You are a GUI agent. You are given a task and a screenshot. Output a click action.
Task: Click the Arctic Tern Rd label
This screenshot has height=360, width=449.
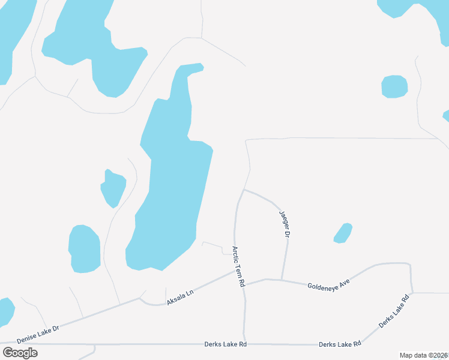click(239, 265)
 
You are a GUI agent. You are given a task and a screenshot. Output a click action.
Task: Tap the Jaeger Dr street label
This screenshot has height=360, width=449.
click(284, 224)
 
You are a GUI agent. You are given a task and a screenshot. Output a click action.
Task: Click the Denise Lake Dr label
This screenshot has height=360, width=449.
click(38, 334)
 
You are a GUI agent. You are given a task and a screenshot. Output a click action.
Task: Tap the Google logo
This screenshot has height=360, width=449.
click(20, 352)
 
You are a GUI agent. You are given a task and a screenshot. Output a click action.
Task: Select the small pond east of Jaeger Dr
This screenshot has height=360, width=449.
click(343, 233)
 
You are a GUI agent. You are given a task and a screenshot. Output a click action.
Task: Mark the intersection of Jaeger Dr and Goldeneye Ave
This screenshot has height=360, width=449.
click(282, 280)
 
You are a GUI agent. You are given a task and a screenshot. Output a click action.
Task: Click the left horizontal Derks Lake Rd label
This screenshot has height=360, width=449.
click(226, 344)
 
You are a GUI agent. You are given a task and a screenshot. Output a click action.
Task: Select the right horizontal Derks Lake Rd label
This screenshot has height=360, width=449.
click(340, 344)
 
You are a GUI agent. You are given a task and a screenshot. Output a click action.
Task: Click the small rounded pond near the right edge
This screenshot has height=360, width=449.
click(394, 86)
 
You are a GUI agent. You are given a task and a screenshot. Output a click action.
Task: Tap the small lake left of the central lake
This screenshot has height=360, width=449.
click(113, 187)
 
